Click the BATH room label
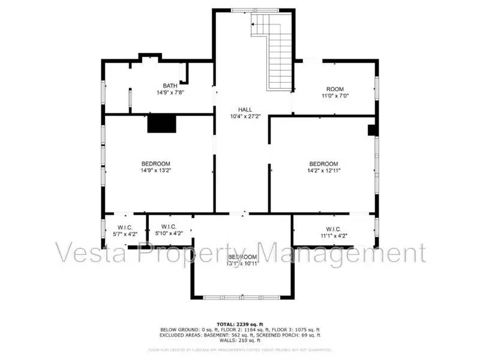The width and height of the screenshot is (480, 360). (x=170, y=86)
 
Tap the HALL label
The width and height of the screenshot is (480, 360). (x=244, y=109)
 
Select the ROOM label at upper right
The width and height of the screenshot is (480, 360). (x=335, y=89)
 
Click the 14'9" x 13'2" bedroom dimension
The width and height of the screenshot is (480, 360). (x=155, y=170)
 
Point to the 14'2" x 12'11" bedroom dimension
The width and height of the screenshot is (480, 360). (x=323, y=170)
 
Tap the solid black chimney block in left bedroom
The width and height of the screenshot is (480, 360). (x=162, y=123)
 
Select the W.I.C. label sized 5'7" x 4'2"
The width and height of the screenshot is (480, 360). (x=124, y=227)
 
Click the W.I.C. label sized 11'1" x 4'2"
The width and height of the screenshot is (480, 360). (x=334, y=229)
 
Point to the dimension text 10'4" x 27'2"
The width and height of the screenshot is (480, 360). (x=244, y=116)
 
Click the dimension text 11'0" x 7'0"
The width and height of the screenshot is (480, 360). (x=335, y=95)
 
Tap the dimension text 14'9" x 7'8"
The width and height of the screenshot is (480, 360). (x=170, y=92)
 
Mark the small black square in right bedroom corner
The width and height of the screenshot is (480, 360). (x=371, y=129)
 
